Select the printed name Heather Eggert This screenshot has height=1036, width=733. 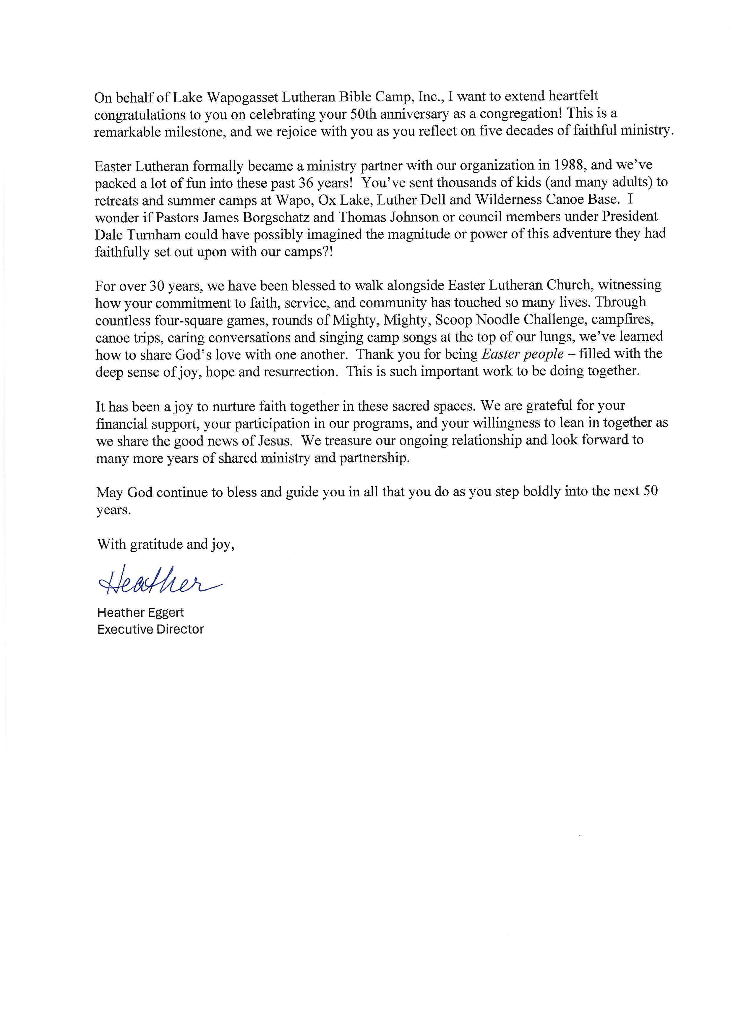click(141, 613)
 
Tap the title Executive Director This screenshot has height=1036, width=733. click(150, 629)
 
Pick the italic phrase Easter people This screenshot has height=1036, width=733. click(523, 354)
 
